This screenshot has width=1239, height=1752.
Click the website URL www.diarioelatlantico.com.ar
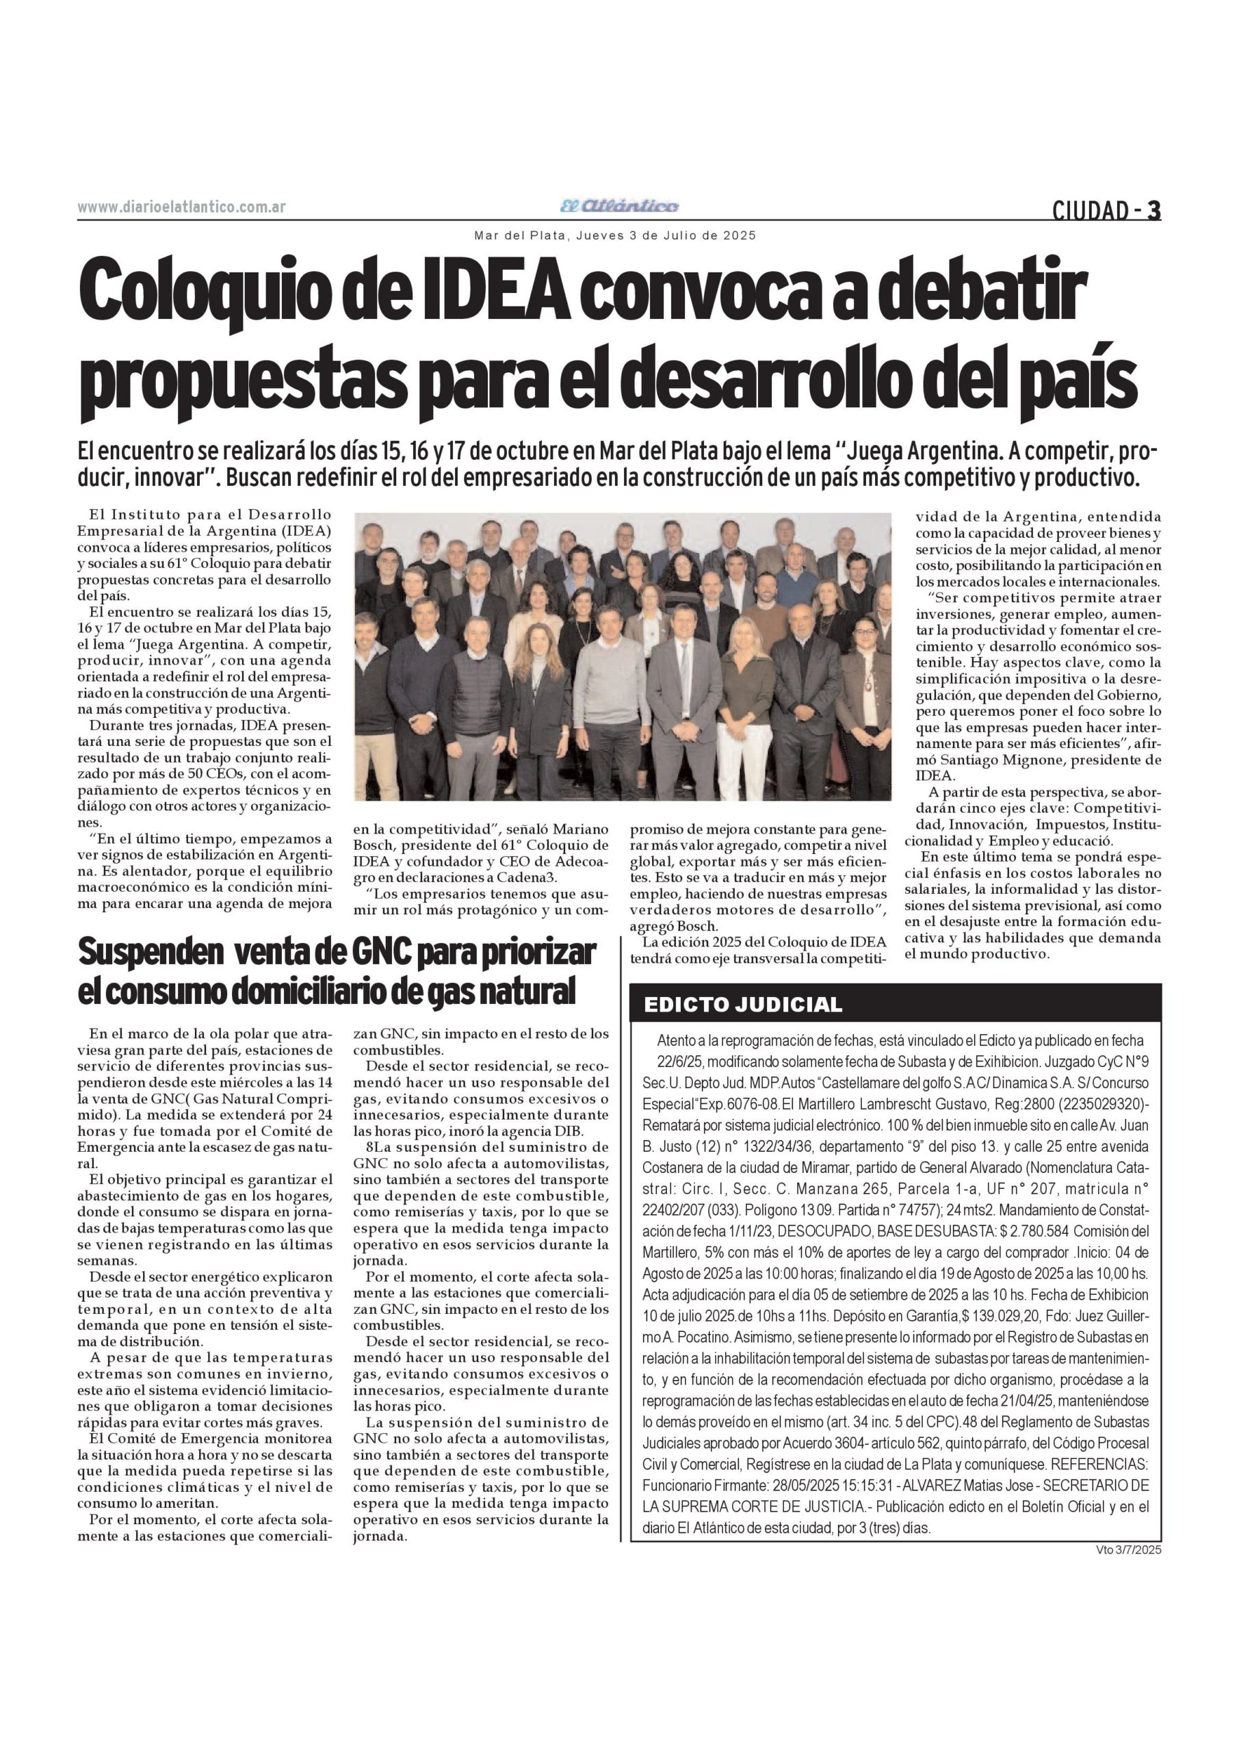[181, 207]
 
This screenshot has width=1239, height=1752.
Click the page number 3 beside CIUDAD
[1154, 210]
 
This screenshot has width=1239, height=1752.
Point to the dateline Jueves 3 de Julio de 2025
[666, 236]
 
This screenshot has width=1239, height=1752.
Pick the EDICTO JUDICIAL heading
[743, 1004]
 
